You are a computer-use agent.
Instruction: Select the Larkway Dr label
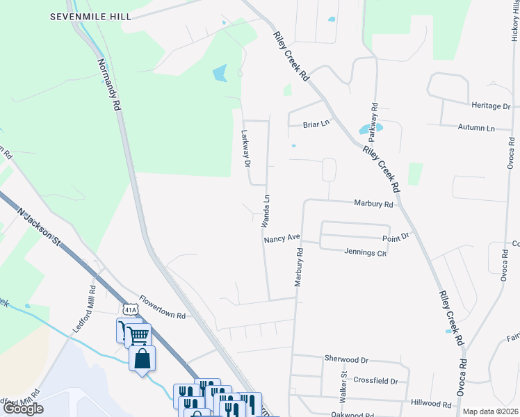[245, 149]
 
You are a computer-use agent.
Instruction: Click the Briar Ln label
[315, 124]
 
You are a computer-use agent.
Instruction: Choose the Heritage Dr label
[491, 106]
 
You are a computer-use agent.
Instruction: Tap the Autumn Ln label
[476, 128]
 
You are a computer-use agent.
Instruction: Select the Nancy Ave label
[282, 238]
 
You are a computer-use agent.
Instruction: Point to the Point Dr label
[400, 236]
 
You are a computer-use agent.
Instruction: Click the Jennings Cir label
[365, 252]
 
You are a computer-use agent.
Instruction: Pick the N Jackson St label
[40, 226]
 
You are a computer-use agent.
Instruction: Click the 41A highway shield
[129, 308]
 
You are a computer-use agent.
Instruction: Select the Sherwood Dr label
[346, 359]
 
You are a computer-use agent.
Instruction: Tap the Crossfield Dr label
[375, 382]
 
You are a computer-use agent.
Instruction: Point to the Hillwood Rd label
[432, 403]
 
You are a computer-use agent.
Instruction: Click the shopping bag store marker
[142, 359]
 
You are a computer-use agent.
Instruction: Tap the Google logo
[23, 409]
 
